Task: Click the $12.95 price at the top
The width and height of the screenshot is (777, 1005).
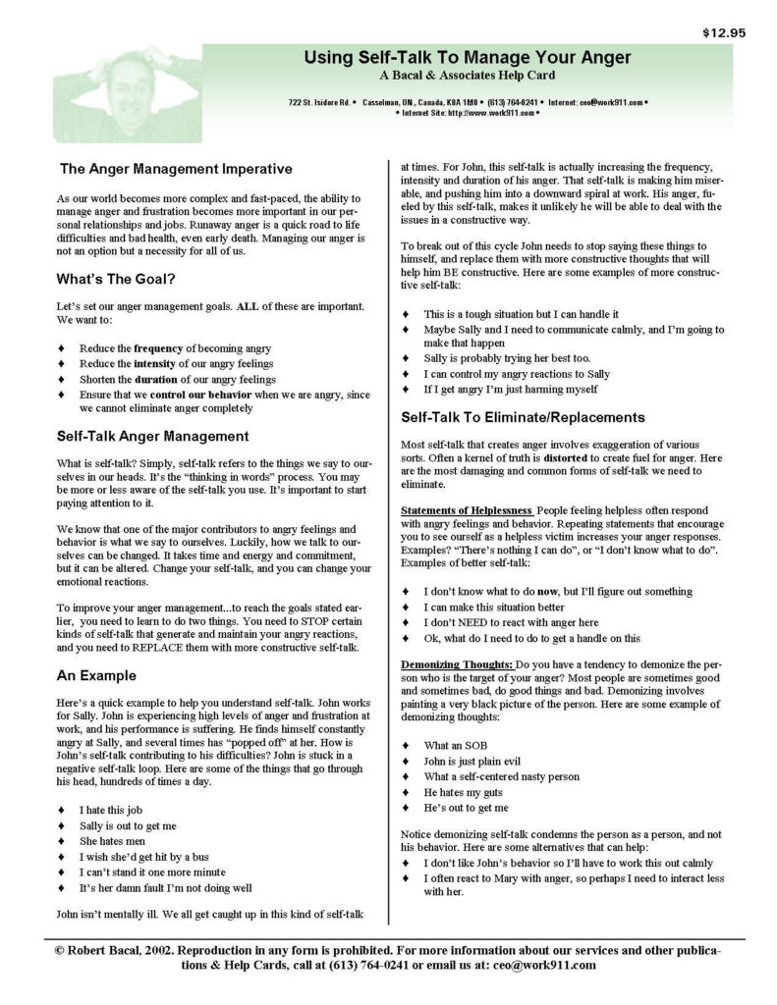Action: [724, 32]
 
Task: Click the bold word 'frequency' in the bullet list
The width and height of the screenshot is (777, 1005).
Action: [159, 348]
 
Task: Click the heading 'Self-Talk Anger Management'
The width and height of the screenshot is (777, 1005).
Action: [152, 436]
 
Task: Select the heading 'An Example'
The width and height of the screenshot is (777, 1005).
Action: [96, 675]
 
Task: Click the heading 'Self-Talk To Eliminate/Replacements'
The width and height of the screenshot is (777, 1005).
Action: [523, 417]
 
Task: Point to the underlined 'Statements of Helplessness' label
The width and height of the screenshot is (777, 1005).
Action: [466, 511]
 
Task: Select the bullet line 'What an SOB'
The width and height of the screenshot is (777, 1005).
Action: [457, 745]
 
